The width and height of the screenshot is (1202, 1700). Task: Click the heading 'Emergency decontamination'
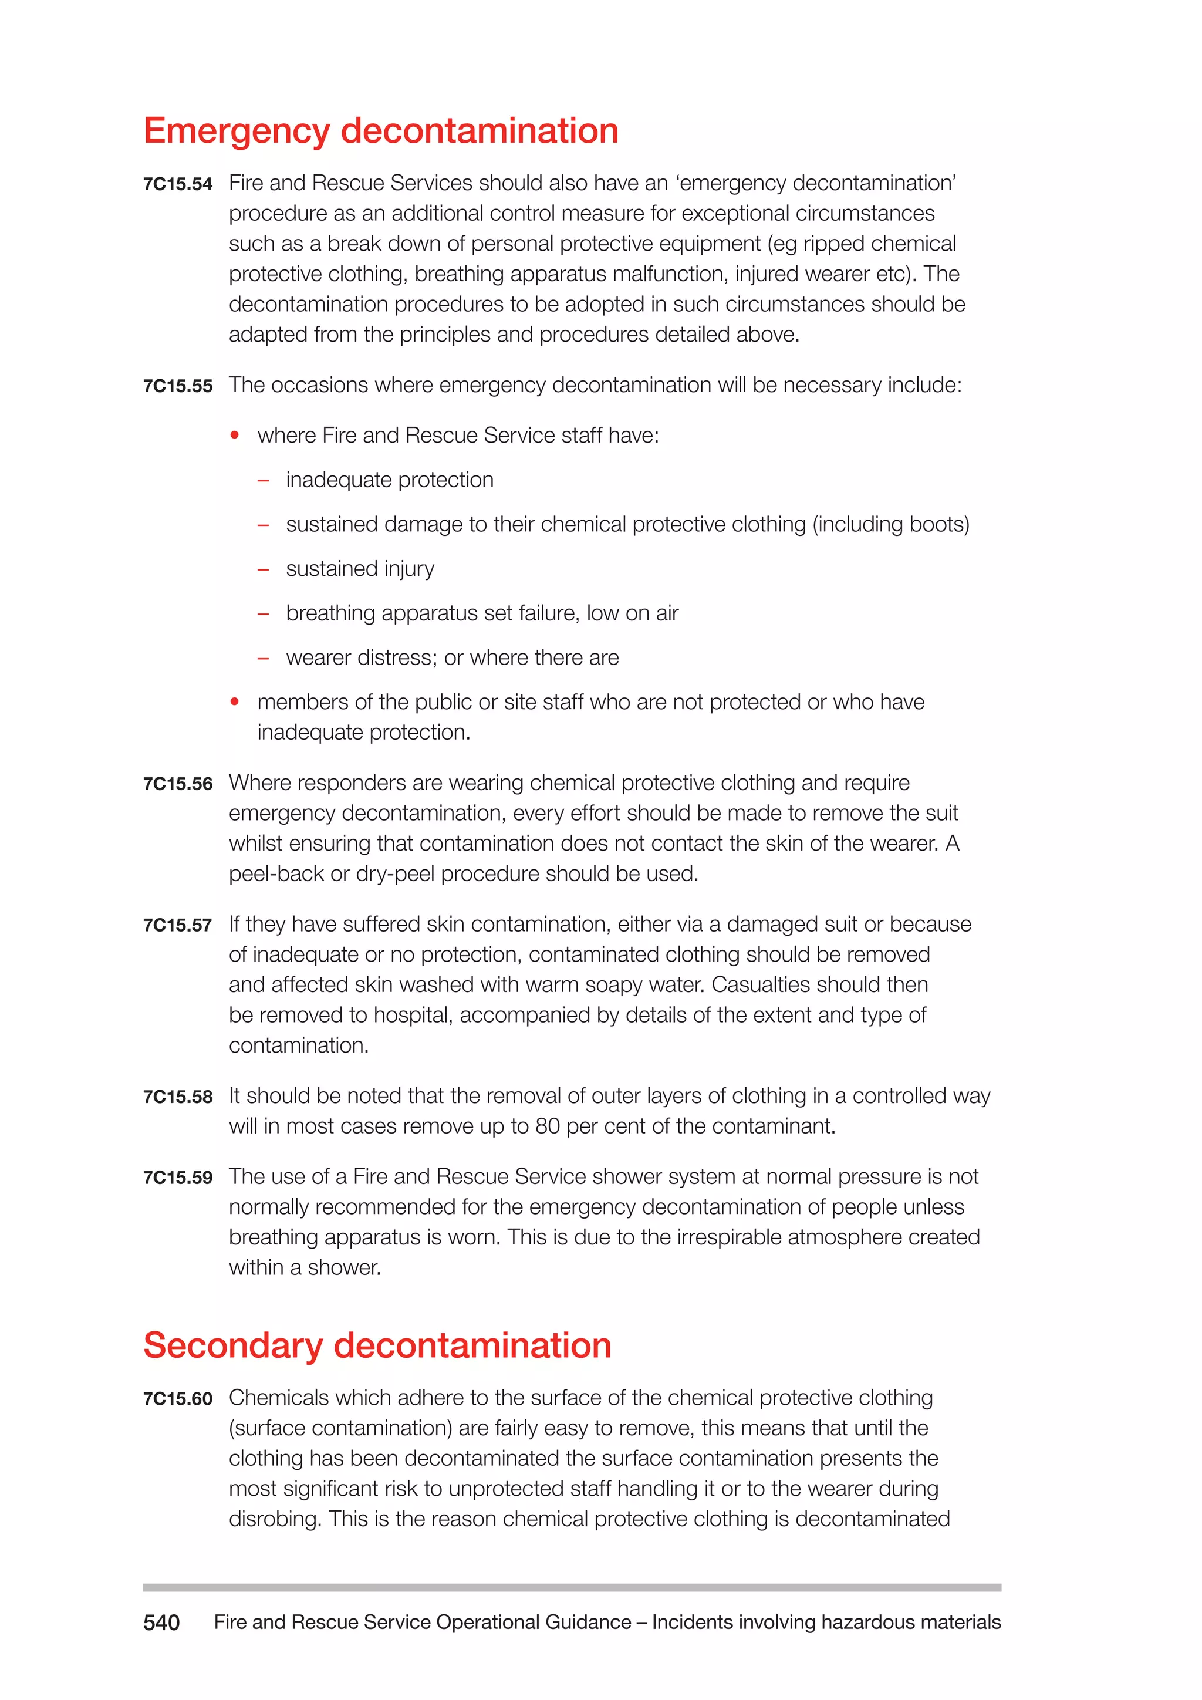coord(380,131)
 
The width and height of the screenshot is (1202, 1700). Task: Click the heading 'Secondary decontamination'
coord(377,1345)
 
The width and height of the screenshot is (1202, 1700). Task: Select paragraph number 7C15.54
coord(178,184)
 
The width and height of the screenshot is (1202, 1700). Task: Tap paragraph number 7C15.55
coord(178,386)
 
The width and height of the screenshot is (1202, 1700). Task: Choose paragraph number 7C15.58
coord(178,1097)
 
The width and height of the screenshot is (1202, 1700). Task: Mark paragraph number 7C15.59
coord(178,1178)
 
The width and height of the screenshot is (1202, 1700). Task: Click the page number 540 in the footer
coord(161,1623)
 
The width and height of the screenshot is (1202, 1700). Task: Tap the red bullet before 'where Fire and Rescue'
coord(235,436)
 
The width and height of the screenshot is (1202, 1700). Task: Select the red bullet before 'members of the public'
coord(235,702)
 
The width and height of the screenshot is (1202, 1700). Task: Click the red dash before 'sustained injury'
coord(263,569)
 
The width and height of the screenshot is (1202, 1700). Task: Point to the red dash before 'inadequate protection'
coord(263,481)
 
